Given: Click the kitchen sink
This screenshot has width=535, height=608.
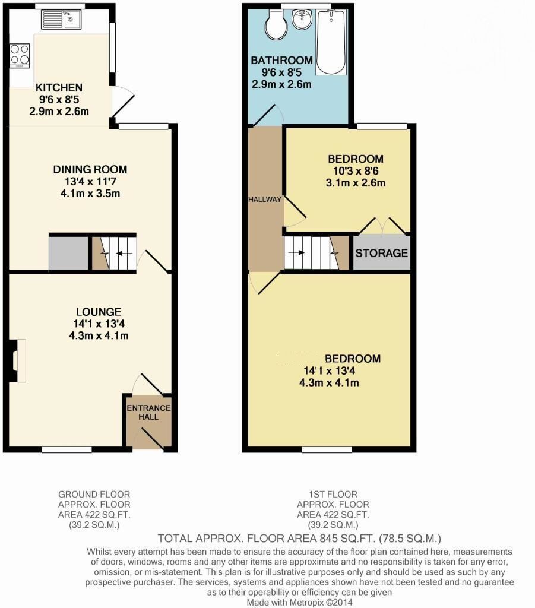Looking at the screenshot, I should coord(60,21).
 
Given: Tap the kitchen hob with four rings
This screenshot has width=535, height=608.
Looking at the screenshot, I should coord(20,55).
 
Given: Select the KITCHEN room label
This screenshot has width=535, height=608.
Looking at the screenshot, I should coord(59,87).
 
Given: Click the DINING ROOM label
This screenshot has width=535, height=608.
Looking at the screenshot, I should coord(90,170).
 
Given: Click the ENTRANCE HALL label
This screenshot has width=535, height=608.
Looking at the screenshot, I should coord(148,412).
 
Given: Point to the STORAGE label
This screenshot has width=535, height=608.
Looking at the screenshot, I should coord(382,253).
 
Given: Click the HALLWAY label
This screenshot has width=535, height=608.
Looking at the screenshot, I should coord(265,199).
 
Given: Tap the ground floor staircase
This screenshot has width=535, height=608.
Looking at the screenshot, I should coord(114,253).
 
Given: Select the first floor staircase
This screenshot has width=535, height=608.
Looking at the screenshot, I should coord(311,253).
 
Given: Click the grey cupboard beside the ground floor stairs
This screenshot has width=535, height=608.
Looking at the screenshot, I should coord(68,254).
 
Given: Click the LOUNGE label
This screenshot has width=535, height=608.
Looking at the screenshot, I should coord(99,312).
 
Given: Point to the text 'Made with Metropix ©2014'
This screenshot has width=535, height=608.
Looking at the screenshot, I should coord(300,602).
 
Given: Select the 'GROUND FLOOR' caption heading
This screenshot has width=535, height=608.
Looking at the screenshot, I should coord(94,494).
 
